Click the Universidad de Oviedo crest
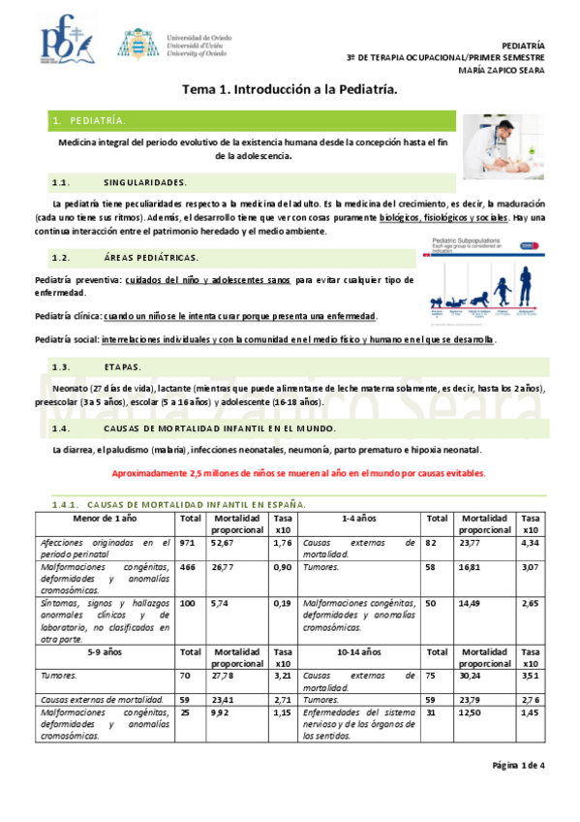[x=134, y=44]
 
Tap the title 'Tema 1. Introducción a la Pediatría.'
[x=290, y=89]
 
